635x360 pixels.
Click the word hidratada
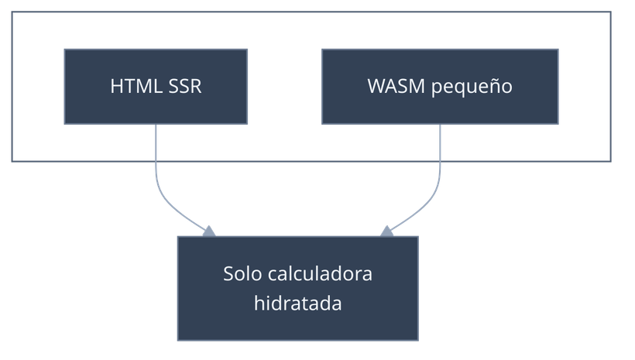click(298, 303)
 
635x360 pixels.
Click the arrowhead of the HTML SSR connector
click(208, 230)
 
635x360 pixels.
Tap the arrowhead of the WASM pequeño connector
click(386, 230)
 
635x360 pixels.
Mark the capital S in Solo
click(228, 274)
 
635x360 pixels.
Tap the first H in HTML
click(116, 86)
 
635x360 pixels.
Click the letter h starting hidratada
click(259, 303)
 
